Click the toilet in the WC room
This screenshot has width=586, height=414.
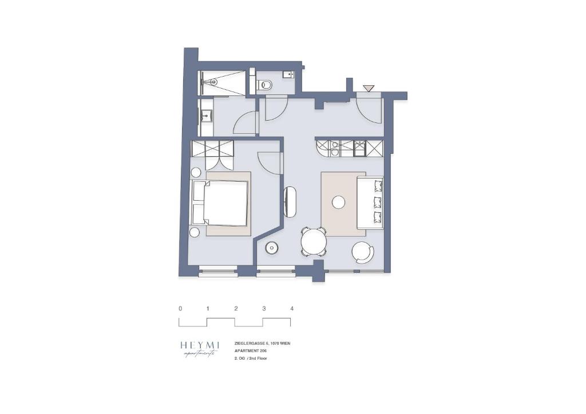point(266,86)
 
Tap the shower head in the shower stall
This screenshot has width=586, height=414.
point(213,82)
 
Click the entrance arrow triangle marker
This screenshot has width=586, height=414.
point(369,88)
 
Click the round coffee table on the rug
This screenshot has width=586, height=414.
point(339,202)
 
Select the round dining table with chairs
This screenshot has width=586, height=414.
point(313,241)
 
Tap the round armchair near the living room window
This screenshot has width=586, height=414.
point(362,252)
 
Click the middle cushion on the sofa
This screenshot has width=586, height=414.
point(377,201)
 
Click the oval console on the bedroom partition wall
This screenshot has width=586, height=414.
point(290,202)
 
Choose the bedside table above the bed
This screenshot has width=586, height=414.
point(196,172)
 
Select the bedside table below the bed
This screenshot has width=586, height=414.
point(195,232)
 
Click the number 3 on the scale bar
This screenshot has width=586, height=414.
point(264,309)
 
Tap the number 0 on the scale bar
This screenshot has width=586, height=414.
point(180,309)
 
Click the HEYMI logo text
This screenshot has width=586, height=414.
point(200,345)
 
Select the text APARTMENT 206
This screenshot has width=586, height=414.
point(251,351)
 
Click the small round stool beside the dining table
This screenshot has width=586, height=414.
point(271,248)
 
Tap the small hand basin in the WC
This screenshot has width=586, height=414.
point(289,74)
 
